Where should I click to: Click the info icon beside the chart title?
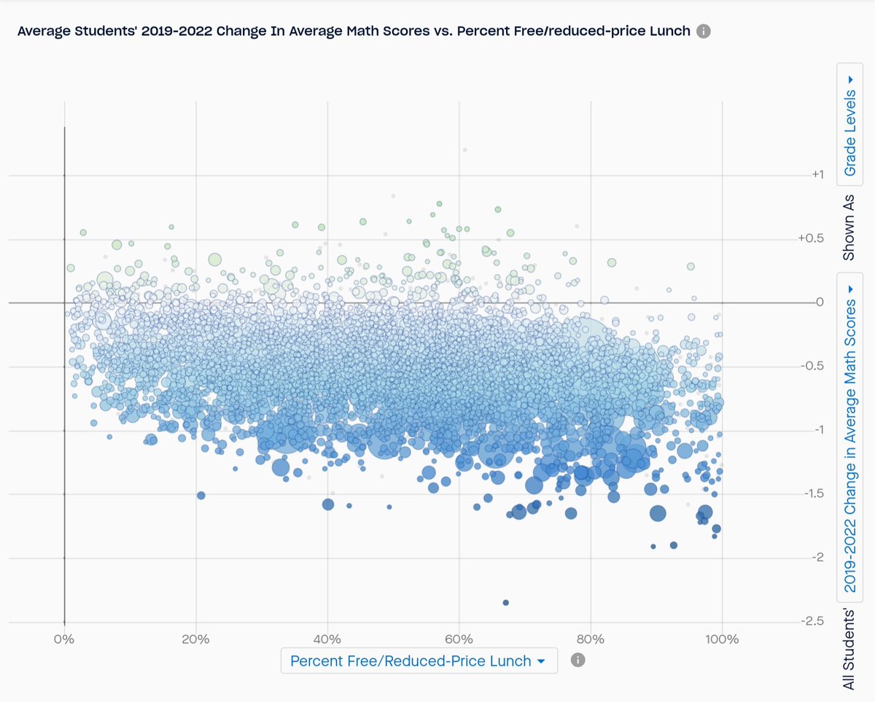point(703,31)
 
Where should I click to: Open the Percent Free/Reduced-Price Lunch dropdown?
point(419,660)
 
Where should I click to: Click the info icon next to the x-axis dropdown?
point(578,660)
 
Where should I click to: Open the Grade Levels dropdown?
point(850,125)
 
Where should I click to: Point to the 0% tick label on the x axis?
point(65,640)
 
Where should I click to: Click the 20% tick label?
point(196,640)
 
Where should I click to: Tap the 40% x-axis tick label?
point(327,640)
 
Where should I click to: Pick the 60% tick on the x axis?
point(459,640)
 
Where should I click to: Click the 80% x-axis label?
point(591,640)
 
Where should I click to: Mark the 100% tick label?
point(722,640)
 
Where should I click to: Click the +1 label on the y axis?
point(817,175)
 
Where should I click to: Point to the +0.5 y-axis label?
point(812,239)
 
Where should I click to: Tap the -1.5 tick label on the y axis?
point(813,494)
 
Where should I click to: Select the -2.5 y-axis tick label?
point(813,622)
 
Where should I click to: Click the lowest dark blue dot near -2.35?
point(505,602)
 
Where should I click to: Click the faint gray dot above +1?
point(464,149)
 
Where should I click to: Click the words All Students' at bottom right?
point(850,648)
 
